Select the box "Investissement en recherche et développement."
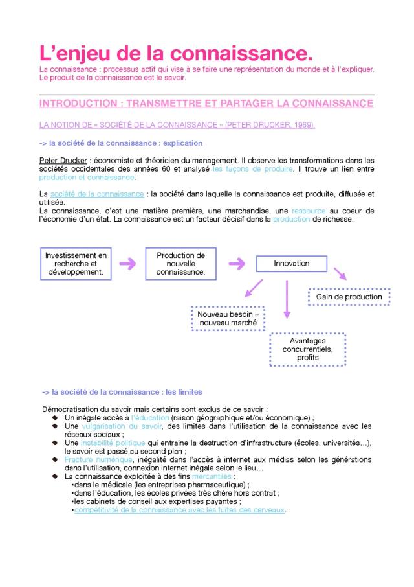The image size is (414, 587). click(x=76, y=264)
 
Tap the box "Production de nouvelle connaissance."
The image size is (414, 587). click(x=180, y=264)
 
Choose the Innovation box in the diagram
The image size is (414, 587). click(x=291, y=264)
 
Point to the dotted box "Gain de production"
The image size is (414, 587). click(x=349, y=297)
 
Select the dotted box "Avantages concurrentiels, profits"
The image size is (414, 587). click(x=307, y=349)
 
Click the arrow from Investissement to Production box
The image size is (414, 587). click(x=127, y=264)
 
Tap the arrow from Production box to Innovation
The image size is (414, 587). click(x=236, y=263)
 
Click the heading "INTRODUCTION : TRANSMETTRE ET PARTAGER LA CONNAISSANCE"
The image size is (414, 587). click(x=206, y=104)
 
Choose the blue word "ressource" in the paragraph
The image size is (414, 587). click(x=309, y=211)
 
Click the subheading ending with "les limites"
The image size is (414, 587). click(x=122, y=392)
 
